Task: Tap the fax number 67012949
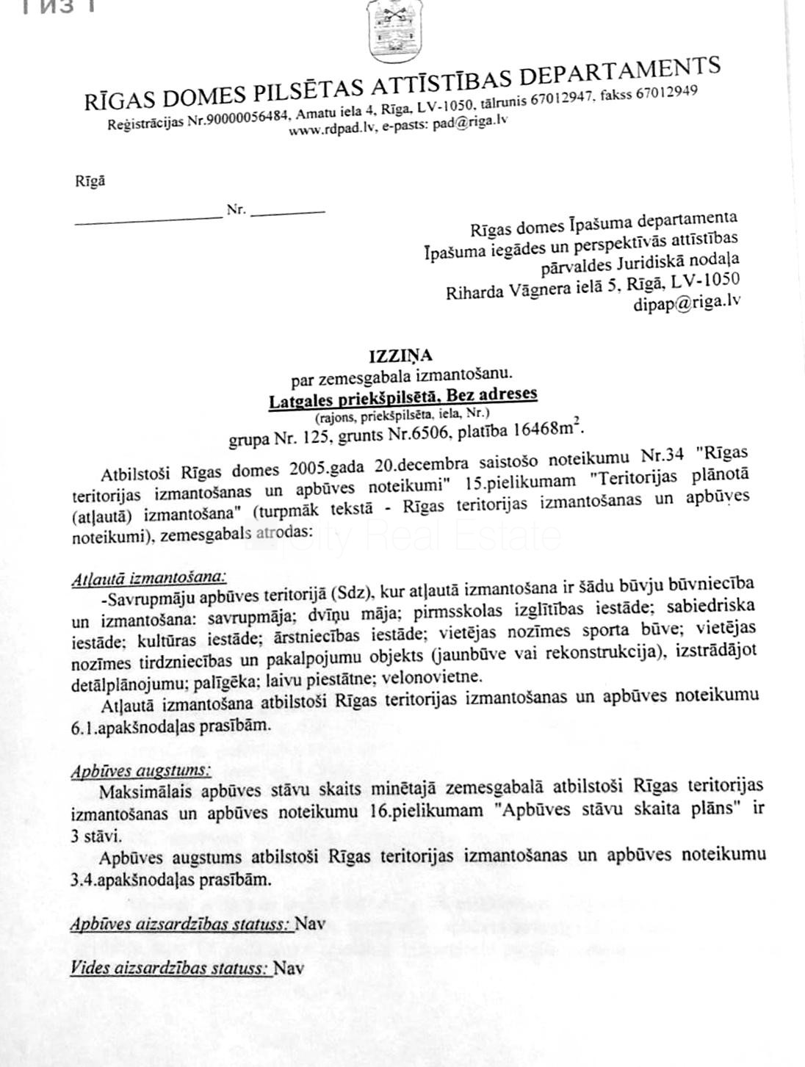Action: (x=666, y=93)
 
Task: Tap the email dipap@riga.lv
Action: (x=686, y=302)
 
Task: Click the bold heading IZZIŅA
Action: (x=400, y=358)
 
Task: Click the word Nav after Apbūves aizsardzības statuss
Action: (x=310, y=923)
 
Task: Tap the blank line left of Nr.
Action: (x=148, y=217)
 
